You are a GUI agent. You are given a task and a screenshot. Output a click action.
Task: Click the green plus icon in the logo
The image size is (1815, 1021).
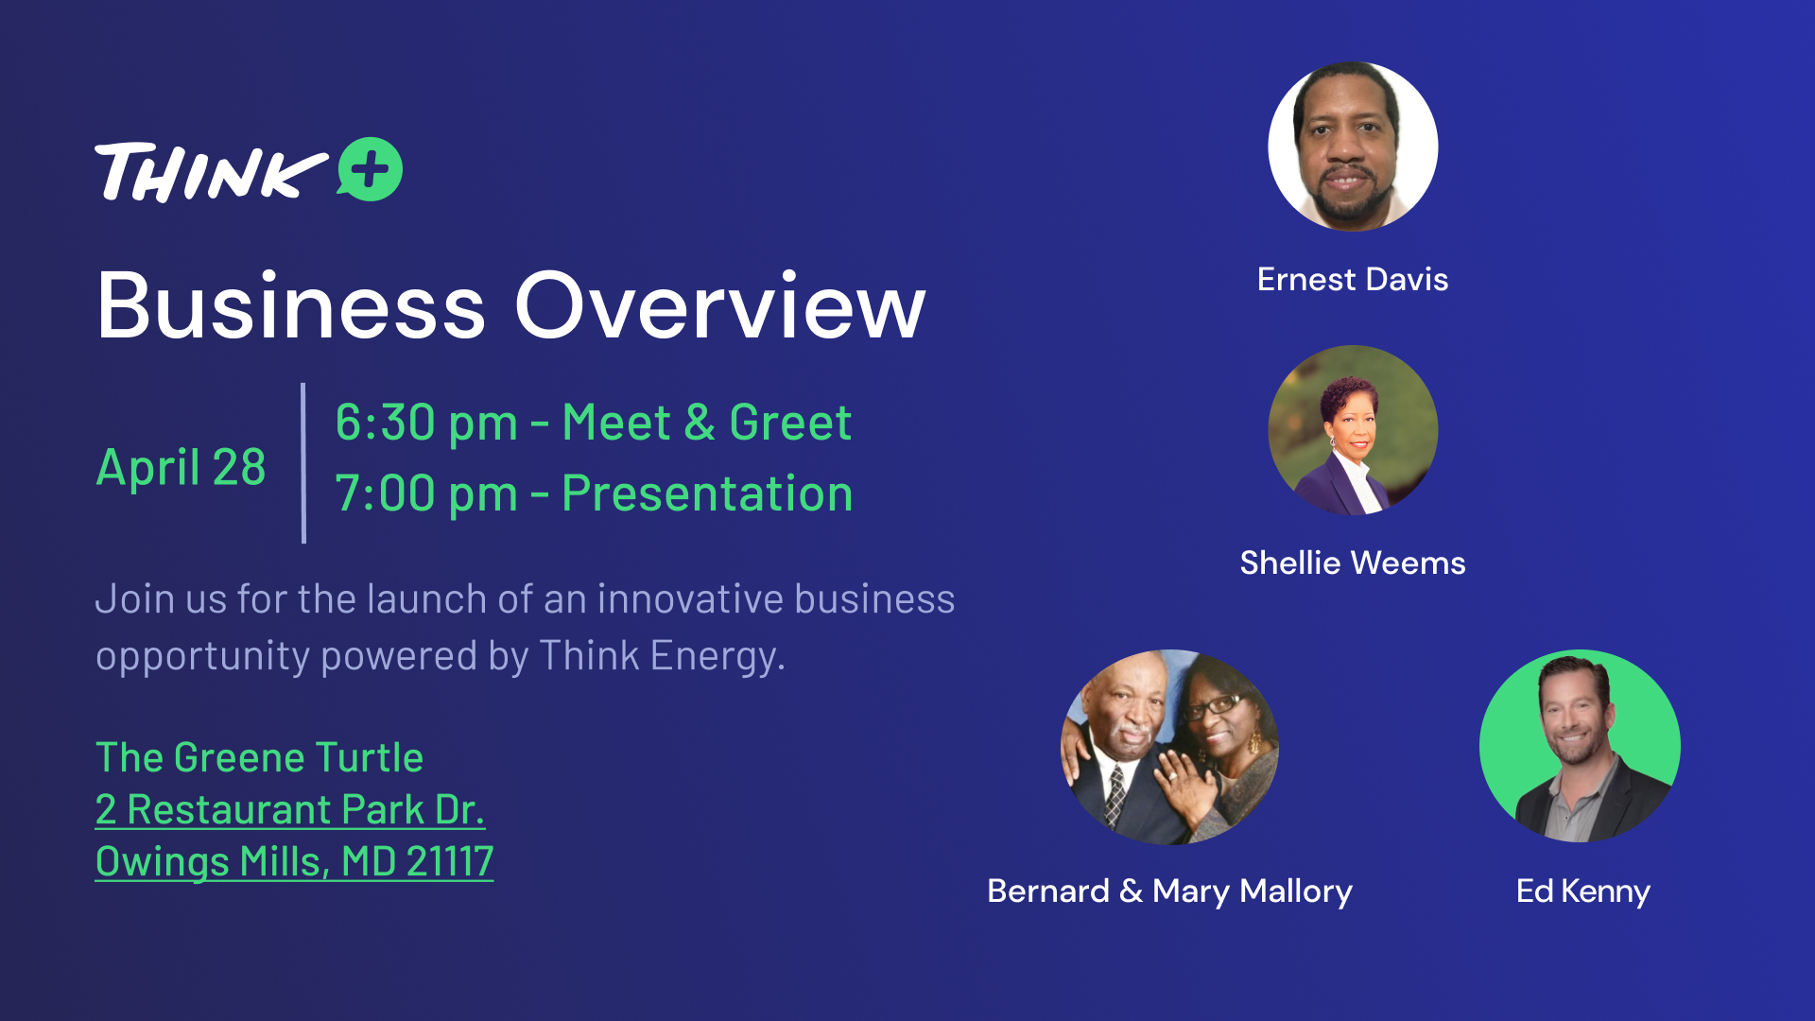point(371,169)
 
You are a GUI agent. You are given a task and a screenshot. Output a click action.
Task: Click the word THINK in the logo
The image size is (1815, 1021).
point(211,172)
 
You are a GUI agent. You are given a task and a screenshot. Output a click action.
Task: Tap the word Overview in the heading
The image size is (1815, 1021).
point(720,305)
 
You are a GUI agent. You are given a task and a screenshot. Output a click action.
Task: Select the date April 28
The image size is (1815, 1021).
point(181,467)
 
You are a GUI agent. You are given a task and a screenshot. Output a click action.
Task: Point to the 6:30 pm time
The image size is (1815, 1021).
point(426,423)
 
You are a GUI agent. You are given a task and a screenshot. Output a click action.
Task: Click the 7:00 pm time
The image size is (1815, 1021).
point(426,493)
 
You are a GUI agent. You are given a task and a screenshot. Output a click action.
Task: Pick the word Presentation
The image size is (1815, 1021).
point(707,493)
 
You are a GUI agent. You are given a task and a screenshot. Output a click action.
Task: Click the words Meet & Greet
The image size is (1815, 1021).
point(707,422)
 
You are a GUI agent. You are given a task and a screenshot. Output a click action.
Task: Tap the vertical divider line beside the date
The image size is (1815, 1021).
point(303,463)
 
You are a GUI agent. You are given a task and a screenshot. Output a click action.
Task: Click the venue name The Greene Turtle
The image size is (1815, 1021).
point(260,757)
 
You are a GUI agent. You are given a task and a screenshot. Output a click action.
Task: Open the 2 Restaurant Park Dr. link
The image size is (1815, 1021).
point(290,809)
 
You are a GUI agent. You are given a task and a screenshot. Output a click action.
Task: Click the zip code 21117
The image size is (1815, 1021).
point(450,861)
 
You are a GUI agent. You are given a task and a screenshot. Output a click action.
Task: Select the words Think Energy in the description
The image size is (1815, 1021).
point(661,656)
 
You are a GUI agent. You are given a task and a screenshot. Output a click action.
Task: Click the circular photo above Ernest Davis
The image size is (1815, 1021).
point(1353,147)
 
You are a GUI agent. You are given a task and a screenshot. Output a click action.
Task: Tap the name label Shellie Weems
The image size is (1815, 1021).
point(1353,562)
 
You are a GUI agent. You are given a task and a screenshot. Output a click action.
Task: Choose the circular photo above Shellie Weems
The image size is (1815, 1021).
point(1353,430)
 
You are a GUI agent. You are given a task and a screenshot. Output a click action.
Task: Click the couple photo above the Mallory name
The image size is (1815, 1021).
point(1170,747)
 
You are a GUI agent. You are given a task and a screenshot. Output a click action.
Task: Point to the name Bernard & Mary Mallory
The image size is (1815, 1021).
point(1170,891)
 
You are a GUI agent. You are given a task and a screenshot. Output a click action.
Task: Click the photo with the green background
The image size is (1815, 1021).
point(1580,746)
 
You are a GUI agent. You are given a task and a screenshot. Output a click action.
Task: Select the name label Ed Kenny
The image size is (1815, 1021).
point(1583,891)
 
